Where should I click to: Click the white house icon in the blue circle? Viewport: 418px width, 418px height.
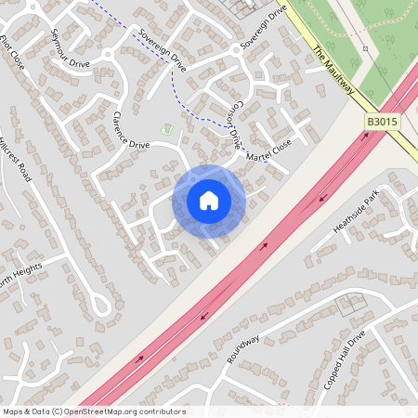pyautogui.click(x=209, y=201)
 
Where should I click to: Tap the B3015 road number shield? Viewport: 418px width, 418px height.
pyautogui.click(x=380, y=122)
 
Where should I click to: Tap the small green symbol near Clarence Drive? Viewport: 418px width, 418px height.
pyautogui.click(x=167, y=129)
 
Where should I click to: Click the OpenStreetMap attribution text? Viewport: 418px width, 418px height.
pyautogui.click(x=94, y=411)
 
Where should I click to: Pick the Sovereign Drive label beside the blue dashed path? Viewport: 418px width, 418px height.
pyautogui.click(x=163, y=50)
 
